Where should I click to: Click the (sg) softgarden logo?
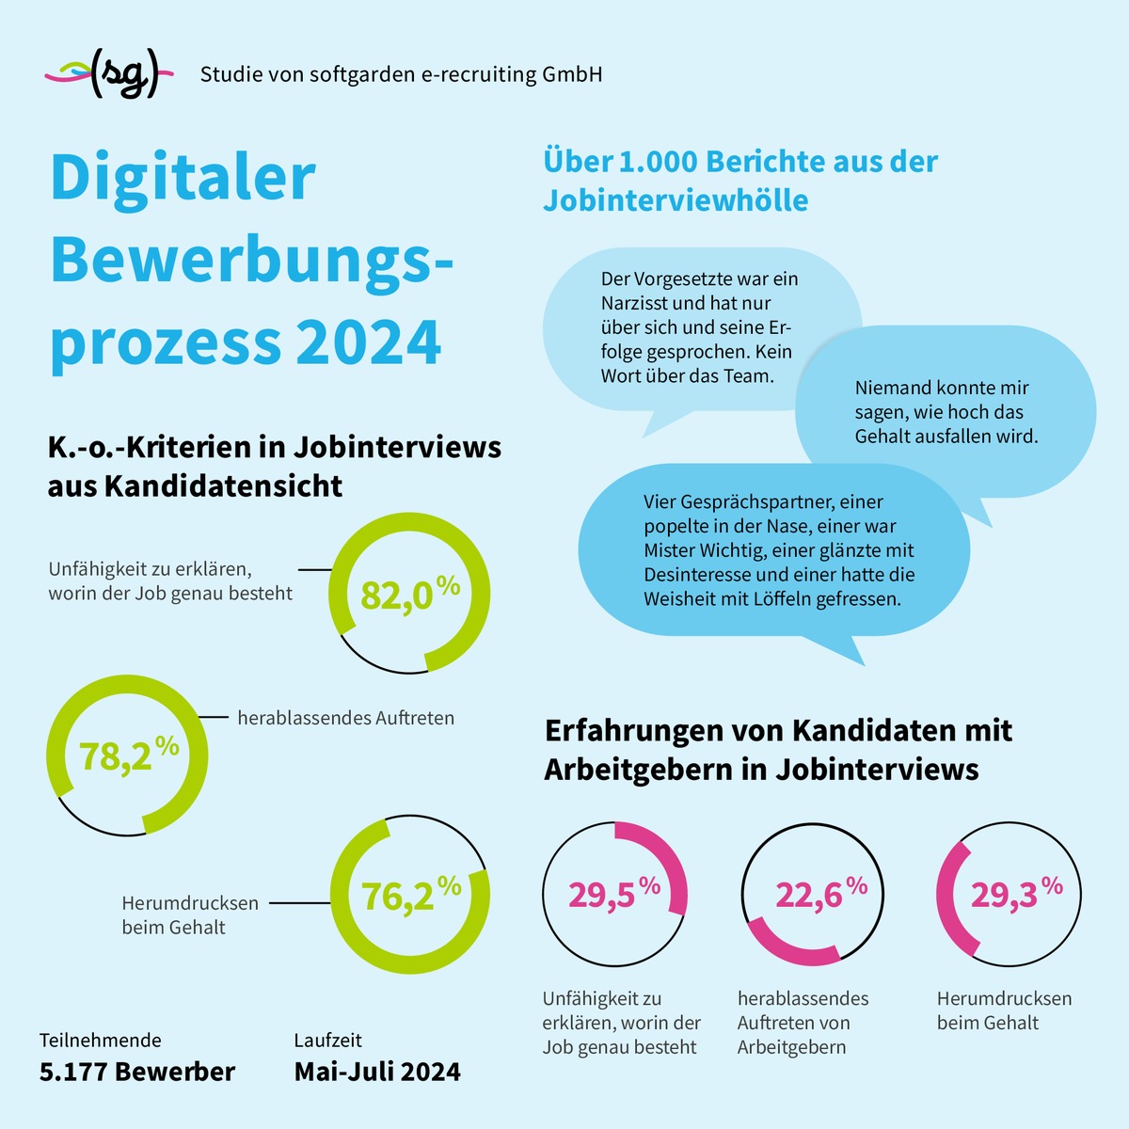[109, 73]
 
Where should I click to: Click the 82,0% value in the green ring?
[410, 593]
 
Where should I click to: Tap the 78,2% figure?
[129, 755]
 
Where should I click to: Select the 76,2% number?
[411, 895]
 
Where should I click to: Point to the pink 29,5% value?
[614, 893]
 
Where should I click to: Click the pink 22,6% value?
[821, 893]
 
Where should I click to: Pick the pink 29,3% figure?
[1017, 893]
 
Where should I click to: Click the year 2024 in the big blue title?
[368, 342]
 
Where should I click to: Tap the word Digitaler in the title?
[183, 178]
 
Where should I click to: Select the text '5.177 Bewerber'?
[137, 1072]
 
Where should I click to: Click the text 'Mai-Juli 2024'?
[377, 1072]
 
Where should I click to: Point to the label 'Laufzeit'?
[328, 1040]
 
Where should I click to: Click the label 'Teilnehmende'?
[100, 1040]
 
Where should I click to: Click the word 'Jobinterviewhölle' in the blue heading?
[676, 199]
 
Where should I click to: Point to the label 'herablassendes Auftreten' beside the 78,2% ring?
[345, 718]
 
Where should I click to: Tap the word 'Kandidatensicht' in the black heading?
[223, 485]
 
